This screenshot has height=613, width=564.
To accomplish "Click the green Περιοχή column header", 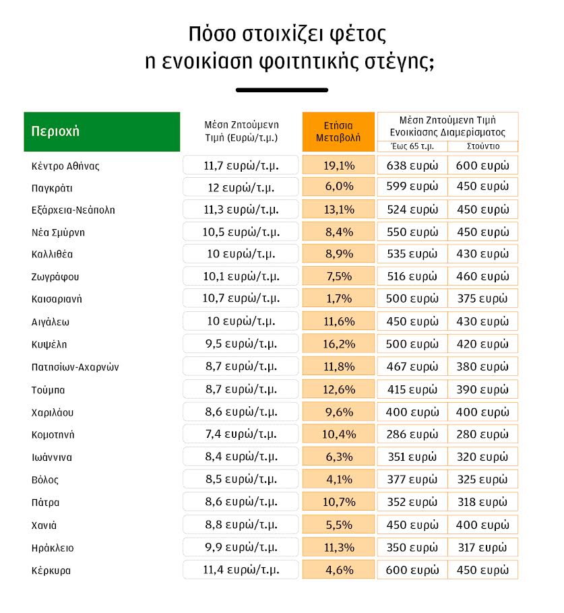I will pos(102,131).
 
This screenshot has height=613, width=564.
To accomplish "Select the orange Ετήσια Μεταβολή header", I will pos(338,131).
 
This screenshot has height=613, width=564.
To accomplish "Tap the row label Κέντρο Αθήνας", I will pos(65,165).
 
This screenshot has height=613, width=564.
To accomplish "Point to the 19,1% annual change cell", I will pos(338,165).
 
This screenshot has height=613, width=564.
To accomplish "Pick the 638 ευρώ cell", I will pos(412,165).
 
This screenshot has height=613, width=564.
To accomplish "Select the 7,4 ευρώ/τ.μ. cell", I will pos(241,434).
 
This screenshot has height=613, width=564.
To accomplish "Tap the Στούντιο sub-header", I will pos(483,146).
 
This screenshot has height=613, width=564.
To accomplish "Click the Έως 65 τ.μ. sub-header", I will pos(412,146).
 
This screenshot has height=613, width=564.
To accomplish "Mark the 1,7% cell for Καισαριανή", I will pos(338,299).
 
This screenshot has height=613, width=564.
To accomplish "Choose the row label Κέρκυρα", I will pos(51,570).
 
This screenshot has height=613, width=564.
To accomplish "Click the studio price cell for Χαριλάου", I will pos(483,412).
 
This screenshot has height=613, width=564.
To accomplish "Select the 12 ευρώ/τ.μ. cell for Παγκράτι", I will pos(241,187).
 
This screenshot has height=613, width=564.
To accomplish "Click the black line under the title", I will pos(282,90).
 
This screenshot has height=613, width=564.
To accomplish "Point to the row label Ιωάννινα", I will pos(52,457).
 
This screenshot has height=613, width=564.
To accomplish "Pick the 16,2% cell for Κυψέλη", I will pos(338,344).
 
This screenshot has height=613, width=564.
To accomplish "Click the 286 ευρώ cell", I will pos(412,434).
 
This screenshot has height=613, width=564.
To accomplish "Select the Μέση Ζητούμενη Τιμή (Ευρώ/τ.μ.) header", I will pos(241,131).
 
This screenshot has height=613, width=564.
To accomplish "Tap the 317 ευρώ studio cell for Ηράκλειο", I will pos(483,547).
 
